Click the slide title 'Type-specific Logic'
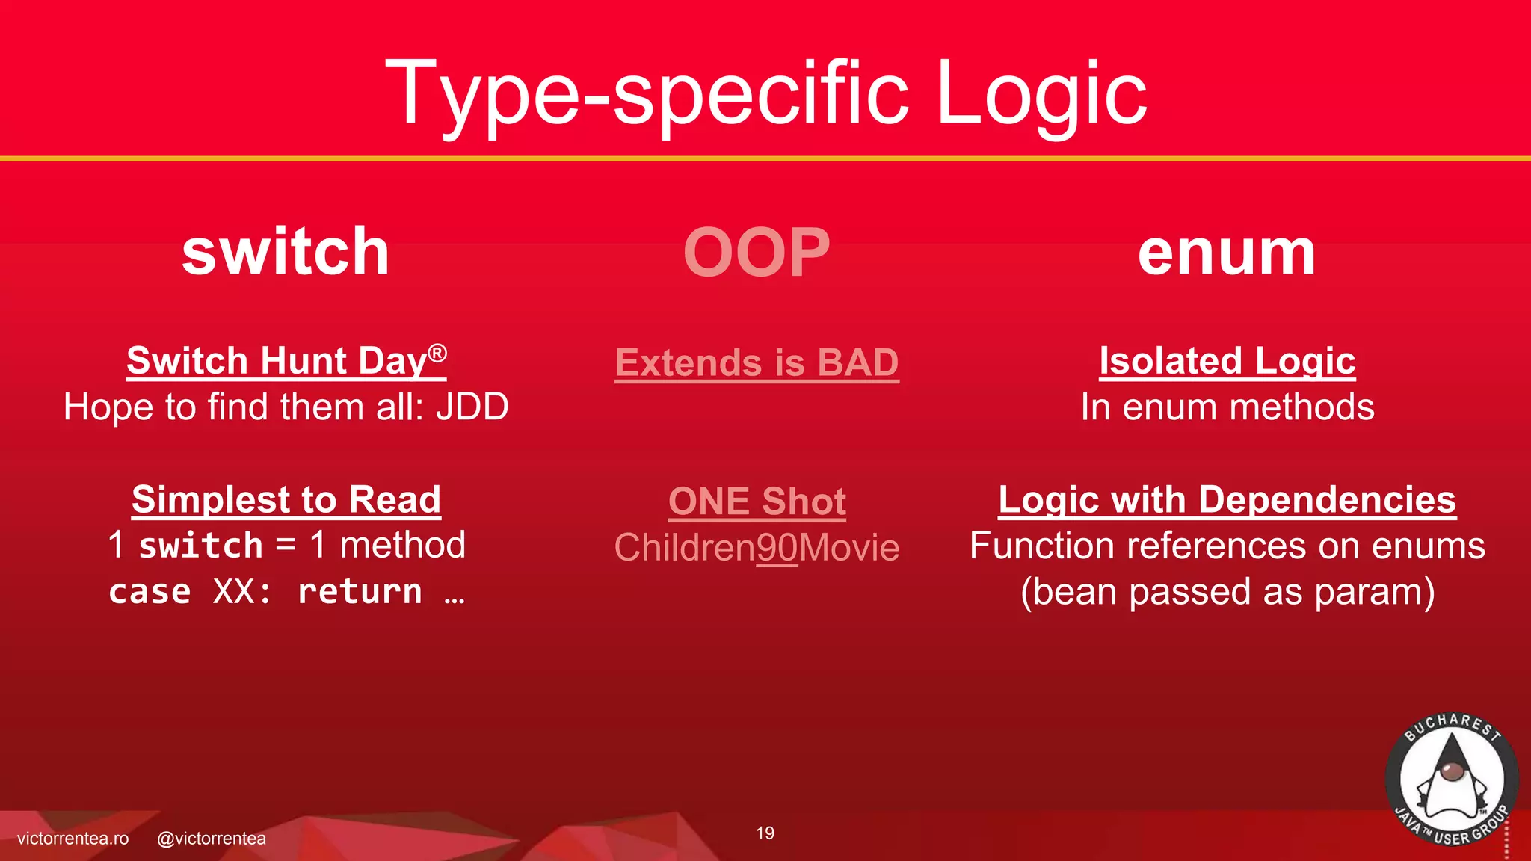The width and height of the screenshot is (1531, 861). point(765,93)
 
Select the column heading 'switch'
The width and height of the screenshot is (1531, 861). point(286,252)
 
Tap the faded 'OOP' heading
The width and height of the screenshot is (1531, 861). point(757,253)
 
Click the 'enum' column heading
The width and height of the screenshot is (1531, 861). point(1226,253)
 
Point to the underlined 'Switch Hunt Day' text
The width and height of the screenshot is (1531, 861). point(277,361)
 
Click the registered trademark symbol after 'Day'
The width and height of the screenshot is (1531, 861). point(438,353)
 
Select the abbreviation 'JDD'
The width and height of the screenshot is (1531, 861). point(472,407)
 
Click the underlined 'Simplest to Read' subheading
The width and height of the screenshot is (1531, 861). point(286,499)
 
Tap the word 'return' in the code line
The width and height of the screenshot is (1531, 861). point(360,592)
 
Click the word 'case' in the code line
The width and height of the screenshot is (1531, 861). point(150,592)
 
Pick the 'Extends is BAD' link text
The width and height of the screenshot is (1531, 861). point(757,363)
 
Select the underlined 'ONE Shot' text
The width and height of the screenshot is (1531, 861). point(757,502)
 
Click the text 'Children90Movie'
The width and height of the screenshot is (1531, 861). point(757,548)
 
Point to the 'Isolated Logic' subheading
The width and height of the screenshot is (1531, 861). point(1227,361)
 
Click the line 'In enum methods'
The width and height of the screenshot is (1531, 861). point(1227,407)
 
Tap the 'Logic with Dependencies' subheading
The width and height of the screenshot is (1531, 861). point(1227,499)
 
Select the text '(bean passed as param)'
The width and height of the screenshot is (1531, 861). point(1227,592)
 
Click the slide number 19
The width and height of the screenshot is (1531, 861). point(765,833)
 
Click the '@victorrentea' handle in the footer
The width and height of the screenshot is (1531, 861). point(212,839)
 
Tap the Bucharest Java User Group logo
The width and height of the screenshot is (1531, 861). point(1451,780)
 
